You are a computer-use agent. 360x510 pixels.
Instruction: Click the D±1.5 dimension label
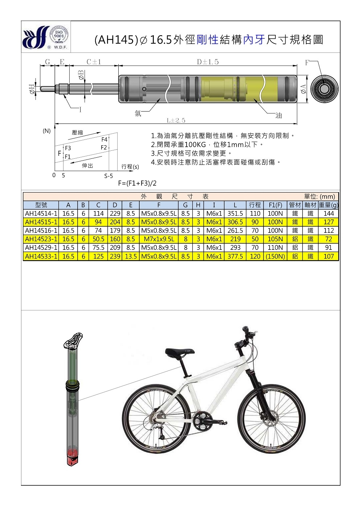click(208, 62)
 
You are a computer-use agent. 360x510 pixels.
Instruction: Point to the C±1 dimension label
click(93, 62)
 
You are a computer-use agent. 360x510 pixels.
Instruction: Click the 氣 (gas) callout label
click(138, 113)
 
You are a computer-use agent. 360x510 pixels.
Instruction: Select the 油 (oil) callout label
click(279, 116)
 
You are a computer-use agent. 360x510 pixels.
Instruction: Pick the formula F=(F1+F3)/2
click(137, 183)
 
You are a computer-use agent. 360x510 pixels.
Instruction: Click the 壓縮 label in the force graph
click(77, 133)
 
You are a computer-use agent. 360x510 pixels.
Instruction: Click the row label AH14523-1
click(41, 239)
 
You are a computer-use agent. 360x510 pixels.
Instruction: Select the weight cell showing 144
click(328, 214)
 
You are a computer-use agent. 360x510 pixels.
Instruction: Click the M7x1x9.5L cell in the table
click(159, 239)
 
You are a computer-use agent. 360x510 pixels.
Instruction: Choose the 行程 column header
click(255, 205)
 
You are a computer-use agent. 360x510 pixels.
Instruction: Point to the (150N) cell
click(275, 256)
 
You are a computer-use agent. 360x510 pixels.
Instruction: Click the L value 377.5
click(235, 256)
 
